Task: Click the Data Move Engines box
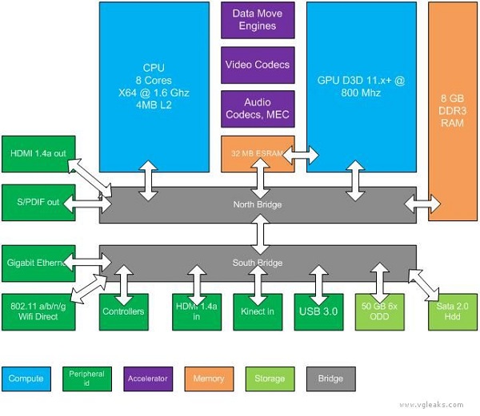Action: [x=257, y=20]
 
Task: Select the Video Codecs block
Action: [x=257, y=64]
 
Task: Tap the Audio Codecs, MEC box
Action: [x=257, y=109]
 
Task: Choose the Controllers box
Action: [x=124, y=311]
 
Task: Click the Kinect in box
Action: [x=257, y=311]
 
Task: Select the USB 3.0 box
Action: [x=318, y=311]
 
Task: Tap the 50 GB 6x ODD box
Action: [x=379, y=311]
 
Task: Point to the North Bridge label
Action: [x=258, y=205]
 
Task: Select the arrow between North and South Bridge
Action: [x=258, y=233]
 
